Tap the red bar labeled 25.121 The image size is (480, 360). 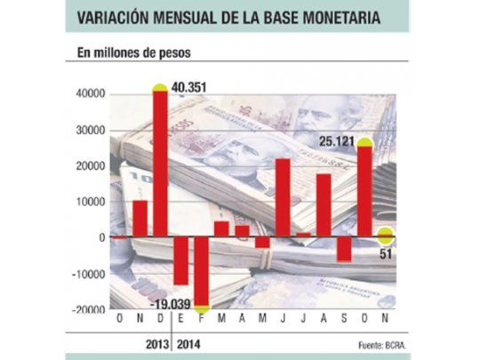(364, 192)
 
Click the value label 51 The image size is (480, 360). (386, 257)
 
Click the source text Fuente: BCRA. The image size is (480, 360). (371, 343)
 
